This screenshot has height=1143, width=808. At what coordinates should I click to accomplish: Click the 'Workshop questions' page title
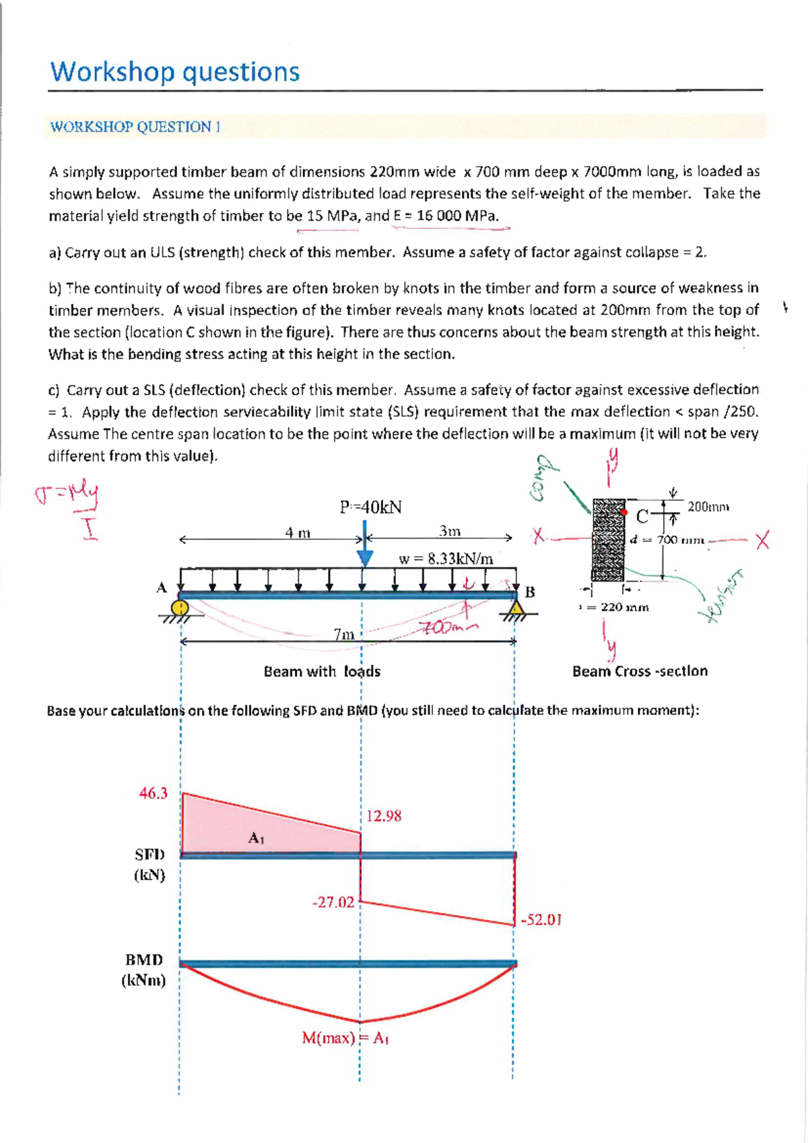click(x=175, y=71)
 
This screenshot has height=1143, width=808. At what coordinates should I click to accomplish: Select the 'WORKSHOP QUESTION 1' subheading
click(x=135, y=127)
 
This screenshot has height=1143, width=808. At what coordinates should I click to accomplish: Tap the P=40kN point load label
click(x=371, y=507)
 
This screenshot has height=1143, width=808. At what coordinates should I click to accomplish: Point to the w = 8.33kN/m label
click(x=446, y=559)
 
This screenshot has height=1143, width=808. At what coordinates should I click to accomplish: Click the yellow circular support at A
click(x=180, y=607)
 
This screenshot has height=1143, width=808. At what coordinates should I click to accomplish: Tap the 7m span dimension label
click(x=344, y=634)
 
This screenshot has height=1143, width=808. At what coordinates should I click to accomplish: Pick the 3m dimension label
click(x=450, y=531)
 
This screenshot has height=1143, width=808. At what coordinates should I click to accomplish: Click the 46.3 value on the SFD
click(x=153, y=793)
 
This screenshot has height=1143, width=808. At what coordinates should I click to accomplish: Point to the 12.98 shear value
click(x=384, y=816)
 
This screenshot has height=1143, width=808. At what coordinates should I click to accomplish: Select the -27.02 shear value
click(x=333, y=902)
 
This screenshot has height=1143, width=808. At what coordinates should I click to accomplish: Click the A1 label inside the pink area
click(x=257, y=838)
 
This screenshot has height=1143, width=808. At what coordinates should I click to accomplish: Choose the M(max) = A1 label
click(x=345, y=1038)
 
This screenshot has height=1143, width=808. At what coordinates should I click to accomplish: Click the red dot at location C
click(x=625, y=512)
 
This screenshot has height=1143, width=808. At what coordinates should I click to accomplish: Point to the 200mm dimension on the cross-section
click(x=708, y=507)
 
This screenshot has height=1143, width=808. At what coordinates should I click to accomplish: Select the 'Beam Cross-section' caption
click(x=640, y=671)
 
